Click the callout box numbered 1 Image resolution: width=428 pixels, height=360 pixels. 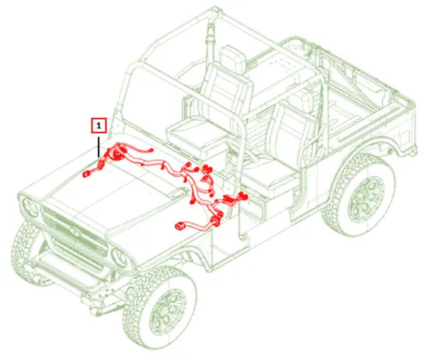(99, 126)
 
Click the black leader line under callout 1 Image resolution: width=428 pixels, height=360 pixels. (99, 147)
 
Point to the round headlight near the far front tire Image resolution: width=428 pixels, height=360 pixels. (30, 207)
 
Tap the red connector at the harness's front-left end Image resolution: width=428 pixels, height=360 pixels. (86, 174)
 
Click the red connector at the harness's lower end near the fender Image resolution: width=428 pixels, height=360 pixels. (180, 226)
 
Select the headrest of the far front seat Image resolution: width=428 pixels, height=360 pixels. (232, 59)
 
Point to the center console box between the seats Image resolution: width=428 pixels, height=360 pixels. (196, 139)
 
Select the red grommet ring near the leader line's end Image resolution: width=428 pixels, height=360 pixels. (100, 164)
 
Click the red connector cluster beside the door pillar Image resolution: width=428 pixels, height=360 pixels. (235, 199)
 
